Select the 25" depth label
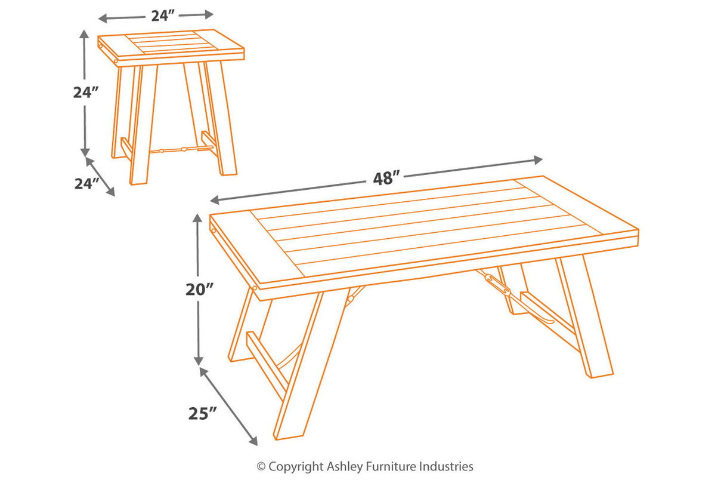coord(201,413)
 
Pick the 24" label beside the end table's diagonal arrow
coord(86,184)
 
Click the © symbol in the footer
coord(261,467)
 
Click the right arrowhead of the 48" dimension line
coord(538,159)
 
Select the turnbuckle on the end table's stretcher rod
coord(184,149)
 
